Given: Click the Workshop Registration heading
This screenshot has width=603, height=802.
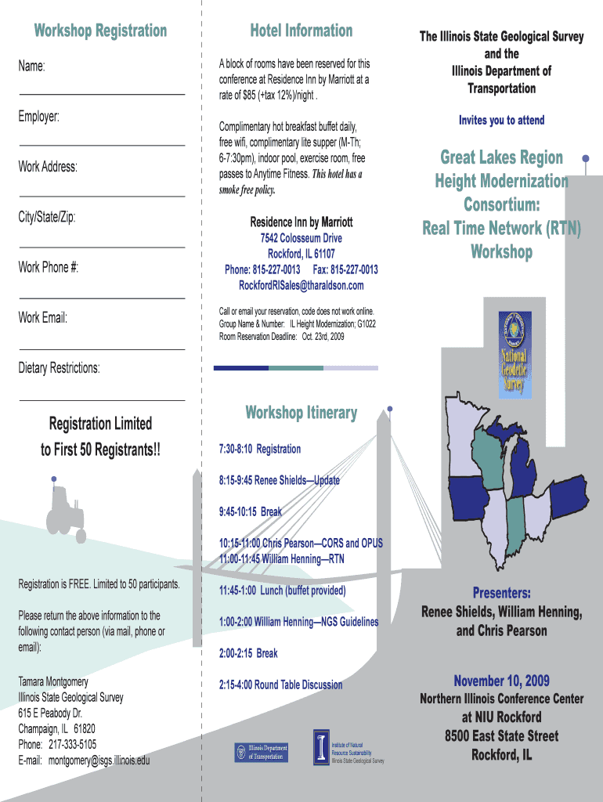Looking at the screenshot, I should tap(100, 31).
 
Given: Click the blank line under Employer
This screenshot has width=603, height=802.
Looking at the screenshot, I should tap(102, 146).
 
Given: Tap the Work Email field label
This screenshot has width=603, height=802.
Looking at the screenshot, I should tap(43, 318).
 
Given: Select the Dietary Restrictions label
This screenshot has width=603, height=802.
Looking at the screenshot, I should tap(60, 368).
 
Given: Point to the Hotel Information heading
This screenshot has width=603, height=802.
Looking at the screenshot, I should tap(301, 31).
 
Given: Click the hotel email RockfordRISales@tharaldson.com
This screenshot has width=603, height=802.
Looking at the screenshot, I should tap(301, 286).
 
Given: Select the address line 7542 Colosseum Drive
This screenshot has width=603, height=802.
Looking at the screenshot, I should tap(301, 239).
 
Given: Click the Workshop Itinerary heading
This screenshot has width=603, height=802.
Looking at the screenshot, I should tap(301, 413).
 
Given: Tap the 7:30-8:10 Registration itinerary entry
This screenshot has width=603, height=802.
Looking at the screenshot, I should tap(259, 449).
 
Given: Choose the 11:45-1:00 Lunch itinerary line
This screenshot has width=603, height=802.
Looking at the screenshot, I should tap(282, 591).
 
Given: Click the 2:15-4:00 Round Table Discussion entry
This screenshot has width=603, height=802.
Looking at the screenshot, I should tap(280, 685).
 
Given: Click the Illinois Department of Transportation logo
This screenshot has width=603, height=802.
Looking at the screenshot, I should tap(262, 753).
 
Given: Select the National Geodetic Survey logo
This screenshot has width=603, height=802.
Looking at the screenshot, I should tap(515, 354).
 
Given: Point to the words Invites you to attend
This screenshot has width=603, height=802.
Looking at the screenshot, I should tap(502, 121).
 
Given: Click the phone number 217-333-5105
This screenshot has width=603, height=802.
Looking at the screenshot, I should tap(73, 744).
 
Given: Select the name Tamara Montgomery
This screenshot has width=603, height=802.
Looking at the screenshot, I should tap(53, 681).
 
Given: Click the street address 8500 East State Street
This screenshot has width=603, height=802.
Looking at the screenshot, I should tap(502, 736).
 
